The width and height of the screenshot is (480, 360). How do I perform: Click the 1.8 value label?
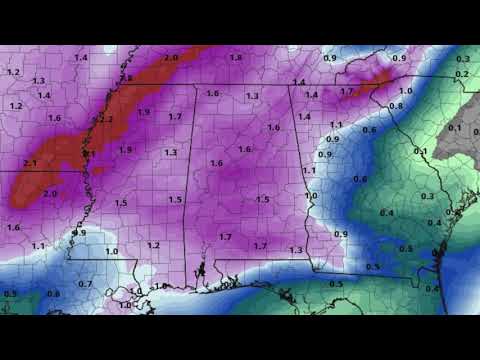pyautogui.click(x=236, y=58)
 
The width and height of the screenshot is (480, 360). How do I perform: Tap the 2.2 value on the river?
pyautogui.click(x=106, y=119)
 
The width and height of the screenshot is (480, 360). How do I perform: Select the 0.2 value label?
pyautogui.click(x=461, y=75)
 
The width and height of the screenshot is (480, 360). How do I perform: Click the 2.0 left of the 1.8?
pyautogui.click(x=171, y=58)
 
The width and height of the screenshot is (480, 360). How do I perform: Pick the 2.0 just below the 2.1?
pyautogui.click(x=50, y=193)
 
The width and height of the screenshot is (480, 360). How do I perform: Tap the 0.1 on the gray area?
pyautogui.click(x=454, y=127)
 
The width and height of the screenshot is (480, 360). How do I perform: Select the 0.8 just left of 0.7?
pyautogui.click(x=53, y=294)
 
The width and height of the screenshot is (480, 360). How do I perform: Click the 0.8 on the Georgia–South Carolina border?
pyautogui.click(x=395, y=106)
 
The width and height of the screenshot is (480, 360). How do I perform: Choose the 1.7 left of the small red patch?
pyautogui.click(x=347, y=92)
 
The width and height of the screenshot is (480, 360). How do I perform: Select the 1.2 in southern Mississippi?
pyautogui.click(x=153, y=245)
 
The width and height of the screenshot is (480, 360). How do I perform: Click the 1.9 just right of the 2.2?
pyautogui.click(x=144, y=112)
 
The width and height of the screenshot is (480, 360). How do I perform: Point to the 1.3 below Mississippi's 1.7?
pyautogui.click(x=171, y=152)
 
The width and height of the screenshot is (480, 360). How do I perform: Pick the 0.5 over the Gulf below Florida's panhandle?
pyautogui.click(x=336, y=284)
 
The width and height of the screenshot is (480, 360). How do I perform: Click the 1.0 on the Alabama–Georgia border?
pyautogui.click(x=311, y=196)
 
